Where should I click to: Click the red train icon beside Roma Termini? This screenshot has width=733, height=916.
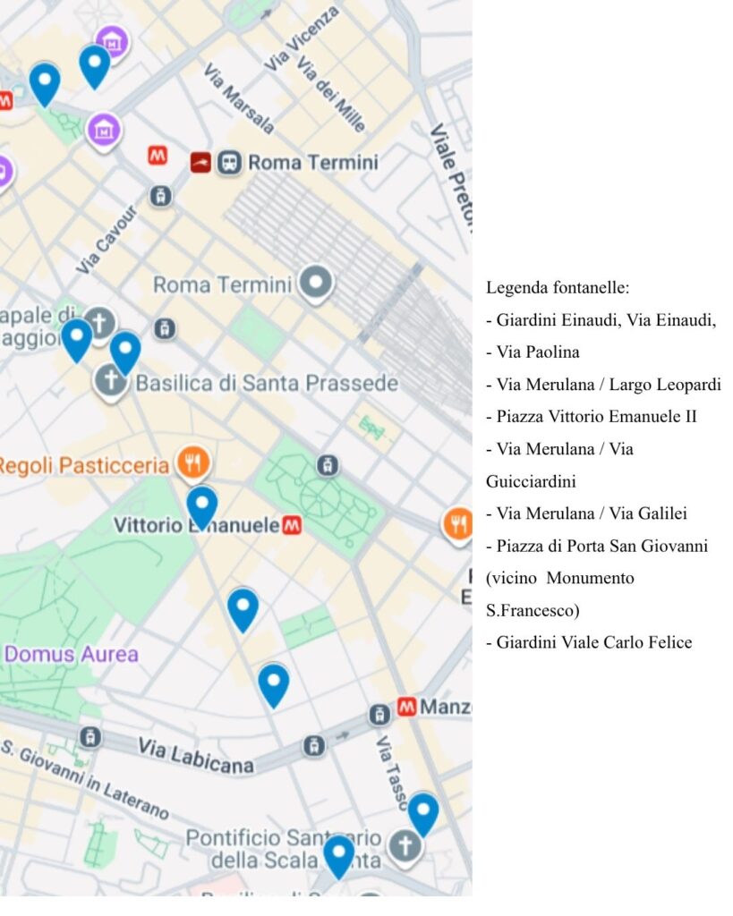[200, 163]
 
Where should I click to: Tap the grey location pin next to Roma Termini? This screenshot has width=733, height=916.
[315, 284]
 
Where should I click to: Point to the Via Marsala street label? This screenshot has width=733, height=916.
[238, 98]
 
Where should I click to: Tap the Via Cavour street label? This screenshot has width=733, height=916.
[107, 240]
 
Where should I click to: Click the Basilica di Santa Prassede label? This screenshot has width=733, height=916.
[266, 384]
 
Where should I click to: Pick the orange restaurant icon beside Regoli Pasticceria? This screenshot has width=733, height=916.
[193, 463]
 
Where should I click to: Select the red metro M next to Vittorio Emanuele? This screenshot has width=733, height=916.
[291, 526]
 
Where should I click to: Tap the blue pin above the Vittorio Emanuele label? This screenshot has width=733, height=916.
[201, 505]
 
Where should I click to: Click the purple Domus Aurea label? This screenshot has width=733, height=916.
[72, 654]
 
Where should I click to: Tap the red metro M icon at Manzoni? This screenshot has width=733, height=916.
[406, 707]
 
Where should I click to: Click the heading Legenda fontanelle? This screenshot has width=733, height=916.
[558, 288]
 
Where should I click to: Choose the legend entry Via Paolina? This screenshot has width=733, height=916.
[533, 352]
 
